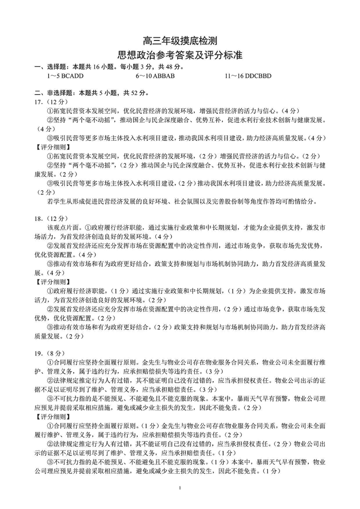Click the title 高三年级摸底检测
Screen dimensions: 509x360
point(180,41)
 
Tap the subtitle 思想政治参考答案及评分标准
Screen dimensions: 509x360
point(180,56)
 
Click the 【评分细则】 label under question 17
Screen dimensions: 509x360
point(51,147)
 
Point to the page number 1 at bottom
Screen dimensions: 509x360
point(180,488)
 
